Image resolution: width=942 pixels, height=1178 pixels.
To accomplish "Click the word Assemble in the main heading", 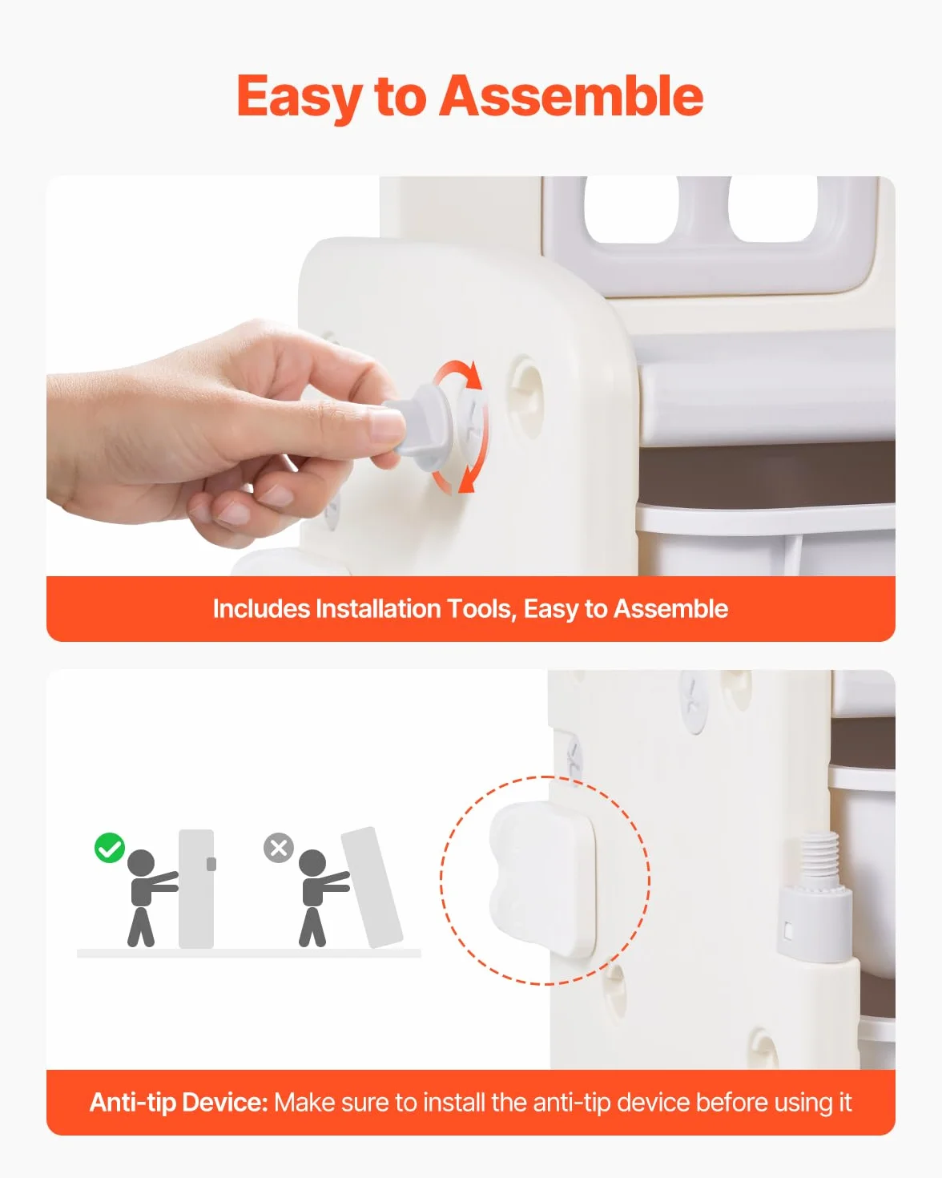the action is [x=571, y=96].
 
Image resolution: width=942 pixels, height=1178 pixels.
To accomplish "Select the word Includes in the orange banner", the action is [x=261, y=609].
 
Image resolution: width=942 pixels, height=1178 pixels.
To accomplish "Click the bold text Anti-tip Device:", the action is [x=179, y=1102].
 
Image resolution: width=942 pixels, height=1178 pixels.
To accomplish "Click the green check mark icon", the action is [x=110, y=847].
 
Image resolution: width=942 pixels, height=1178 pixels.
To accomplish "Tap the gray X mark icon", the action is [x=279, y=848].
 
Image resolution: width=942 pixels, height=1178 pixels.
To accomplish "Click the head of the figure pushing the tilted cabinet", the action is [x=312, y=863].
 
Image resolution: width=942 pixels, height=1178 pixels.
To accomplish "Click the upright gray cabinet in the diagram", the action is [x=196, y=889].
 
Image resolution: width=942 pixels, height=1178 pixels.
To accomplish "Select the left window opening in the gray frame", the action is [x=631, y=209].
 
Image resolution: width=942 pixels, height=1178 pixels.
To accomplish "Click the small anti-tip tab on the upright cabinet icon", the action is [x=211, y=864].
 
